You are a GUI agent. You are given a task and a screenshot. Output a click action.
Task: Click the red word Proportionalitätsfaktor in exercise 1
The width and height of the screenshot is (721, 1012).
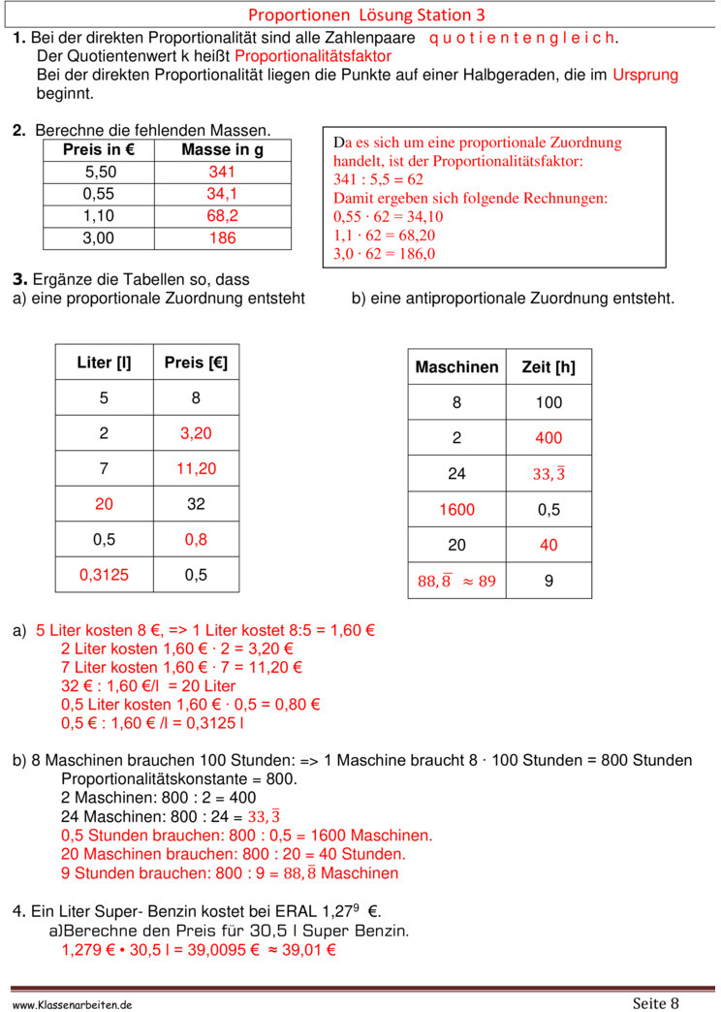pos(313,56)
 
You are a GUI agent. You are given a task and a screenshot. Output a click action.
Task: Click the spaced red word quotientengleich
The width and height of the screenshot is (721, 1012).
pos(521,38)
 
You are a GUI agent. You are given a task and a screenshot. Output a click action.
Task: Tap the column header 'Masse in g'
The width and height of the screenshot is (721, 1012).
pos(222,150)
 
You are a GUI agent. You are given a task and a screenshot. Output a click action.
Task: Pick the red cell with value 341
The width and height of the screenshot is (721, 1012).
pos(222,172)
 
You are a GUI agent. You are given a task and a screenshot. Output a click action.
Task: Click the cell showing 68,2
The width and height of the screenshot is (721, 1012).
pos(222,215)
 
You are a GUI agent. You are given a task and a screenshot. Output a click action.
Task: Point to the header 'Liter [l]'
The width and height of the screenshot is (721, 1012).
pos(104,363)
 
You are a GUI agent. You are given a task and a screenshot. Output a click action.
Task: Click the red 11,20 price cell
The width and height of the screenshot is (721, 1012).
pos(196,469)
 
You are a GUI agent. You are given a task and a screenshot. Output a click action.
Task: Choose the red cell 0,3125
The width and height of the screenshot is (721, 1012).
pos(104,575)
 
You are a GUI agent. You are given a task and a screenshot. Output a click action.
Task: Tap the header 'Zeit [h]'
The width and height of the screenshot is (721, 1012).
pos(549,367)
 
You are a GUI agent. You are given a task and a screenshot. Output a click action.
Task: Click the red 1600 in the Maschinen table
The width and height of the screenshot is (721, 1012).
pos(456,510)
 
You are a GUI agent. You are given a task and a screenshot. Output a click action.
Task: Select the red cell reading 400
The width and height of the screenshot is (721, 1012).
pos(549,438)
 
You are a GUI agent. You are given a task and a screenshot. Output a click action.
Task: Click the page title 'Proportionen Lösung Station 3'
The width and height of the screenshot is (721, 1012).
pos(366,15)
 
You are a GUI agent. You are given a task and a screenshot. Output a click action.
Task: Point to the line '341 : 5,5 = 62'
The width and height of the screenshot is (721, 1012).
pos(378,179)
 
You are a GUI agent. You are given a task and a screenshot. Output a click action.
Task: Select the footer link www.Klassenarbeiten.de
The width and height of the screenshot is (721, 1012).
pos(73,1005)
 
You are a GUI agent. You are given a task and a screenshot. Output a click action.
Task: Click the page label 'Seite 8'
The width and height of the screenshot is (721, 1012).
pos(656,1002)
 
